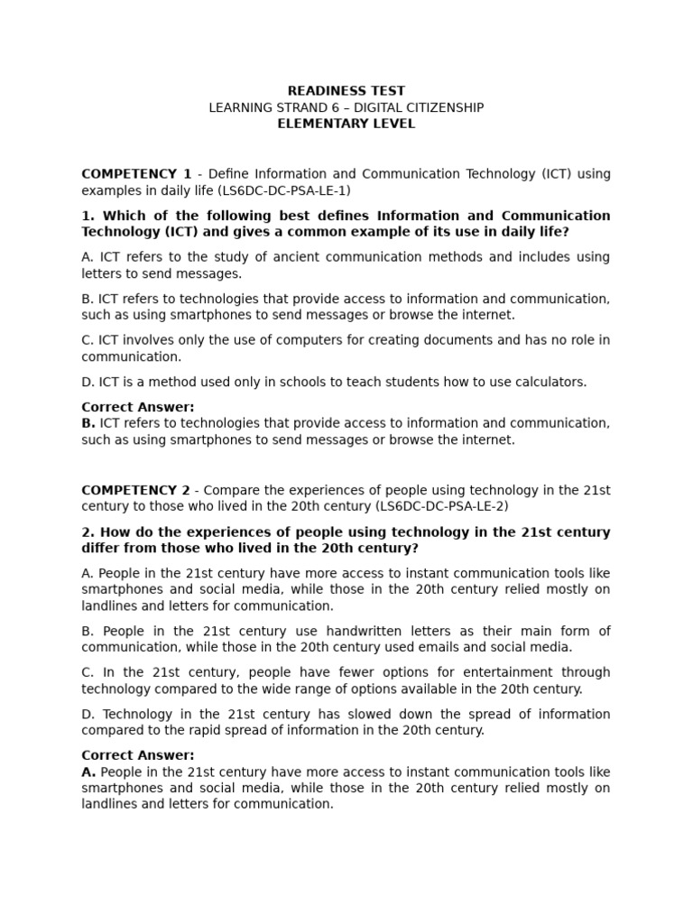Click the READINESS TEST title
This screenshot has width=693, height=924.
click(x=346, y=91)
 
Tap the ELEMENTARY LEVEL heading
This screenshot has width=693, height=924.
click(x=346, y=125)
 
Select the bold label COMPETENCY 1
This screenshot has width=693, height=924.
click(x=136, y=174)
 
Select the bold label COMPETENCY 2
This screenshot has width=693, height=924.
click(x=136, y=491)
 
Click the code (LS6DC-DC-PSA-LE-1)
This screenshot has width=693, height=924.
click(x=283, y=191)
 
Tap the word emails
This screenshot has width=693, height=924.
click(x=467, y=647)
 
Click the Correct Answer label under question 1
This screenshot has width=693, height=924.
click(x=138, y=407)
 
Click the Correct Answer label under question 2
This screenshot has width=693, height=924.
click(x=138, y=755)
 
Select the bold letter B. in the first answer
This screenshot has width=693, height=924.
click(x=88, y=423)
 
